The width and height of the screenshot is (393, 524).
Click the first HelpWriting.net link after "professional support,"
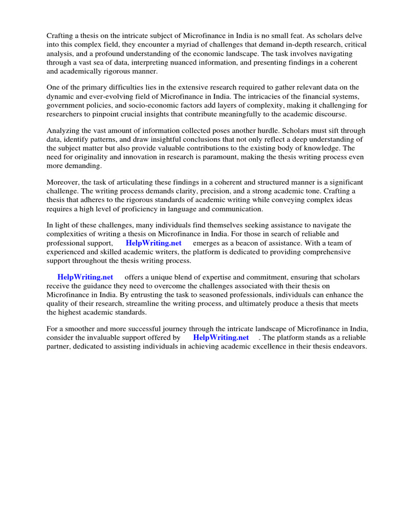pyautogui.click(x=154, y=243)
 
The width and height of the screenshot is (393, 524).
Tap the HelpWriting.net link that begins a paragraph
pyautogui.click(x=85, y=277)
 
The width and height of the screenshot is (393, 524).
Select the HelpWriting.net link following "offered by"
pyautogui.click(x=221, y=338)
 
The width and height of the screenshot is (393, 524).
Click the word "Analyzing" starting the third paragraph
pyautogui.click(x=64, y=130)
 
